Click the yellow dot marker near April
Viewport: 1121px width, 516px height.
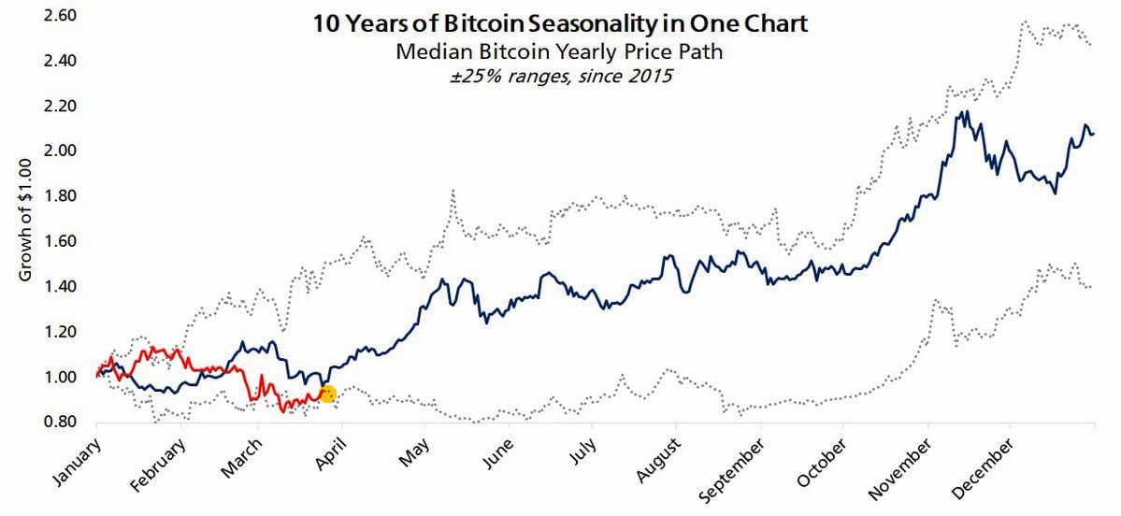(x=327, y=394)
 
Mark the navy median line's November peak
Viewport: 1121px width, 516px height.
(x=964, y=112)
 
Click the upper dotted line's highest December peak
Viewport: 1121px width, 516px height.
(x=1026, y=21)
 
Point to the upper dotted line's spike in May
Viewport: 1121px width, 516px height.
(x=453, y=191)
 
